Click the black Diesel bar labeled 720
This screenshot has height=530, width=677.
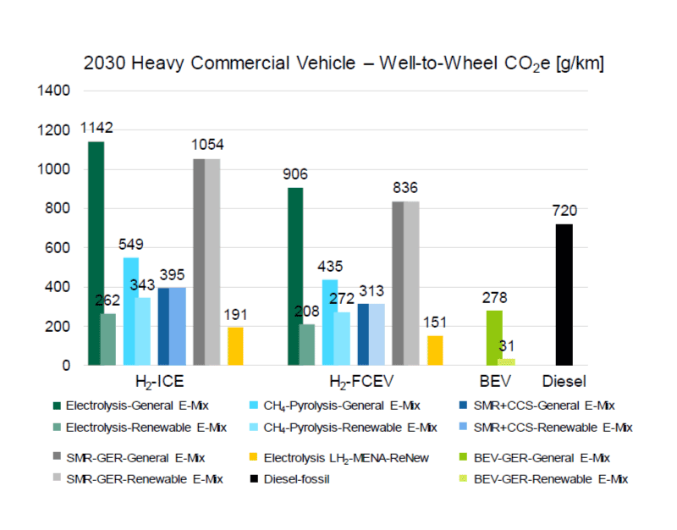click(x=564, y=295)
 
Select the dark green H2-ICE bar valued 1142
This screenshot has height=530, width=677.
click(x=96, y=253)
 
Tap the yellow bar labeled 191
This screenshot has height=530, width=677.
click(x=235, y=346)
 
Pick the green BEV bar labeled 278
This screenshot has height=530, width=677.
click(x=494, y=338)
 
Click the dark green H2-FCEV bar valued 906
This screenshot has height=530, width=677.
click(x=295, y=276)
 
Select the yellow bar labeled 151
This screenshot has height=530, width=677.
click(x=435, y=351)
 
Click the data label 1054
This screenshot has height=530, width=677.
click(x=207, y=145)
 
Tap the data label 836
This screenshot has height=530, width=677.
click(x=405, y=188)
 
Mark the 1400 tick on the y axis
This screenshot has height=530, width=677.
click(x=53, y=91)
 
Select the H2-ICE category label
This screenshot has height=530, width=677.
click(x=160, y=381)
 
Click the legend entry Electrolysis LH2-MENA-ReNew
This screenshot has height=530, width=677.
click(x=338, y=458)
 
